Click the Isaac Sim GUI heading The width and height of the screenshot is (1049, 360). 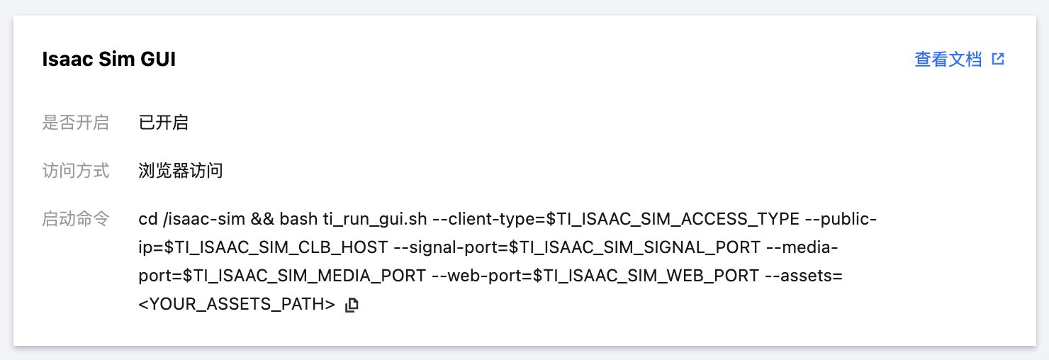(x=108, y=60)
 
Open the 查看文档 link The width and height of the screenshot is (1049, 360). (x=948, y=60)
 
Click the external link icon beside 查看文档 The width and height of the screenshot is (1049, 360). (x=998, y=60)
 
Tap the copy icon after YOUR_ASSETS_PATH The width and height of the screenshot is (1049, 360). (x=352, y=305)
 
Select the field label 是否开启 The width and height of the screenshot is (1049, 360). (x=75, y=123)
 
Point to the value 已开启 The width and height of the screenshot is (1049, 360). (x=163, y=123)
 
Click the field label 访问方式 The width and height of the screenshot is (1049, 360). (x=75, y=171)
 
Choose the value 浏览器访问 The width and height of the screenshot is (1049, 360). (x=181, y=171)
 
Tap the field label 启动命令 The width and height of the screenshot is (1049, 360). (x=75, y=219)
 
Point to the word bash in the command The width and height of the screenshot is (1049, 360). (x=298, y=219)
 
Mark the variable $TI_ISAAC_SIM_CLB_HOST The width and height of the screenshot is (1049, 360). (x=276, y=247)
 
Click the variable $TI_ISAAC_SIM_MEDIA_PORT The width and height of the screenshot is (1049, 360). (x=305, y=276)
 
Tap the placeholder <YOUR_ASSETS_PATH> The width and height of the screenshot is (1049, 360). (x=237, y=305)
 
